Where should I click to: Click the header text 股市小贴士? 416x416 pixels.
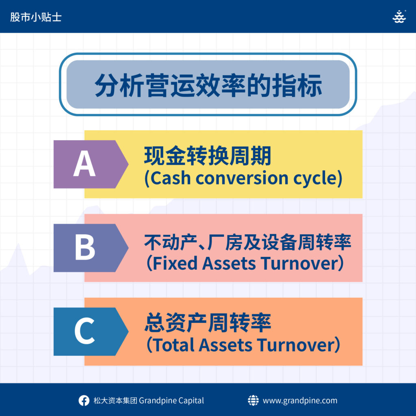pyautogui.click(x=36, y=17)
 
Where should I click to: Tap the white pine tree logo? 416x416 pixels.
pyautogui.click(x=399, y=17)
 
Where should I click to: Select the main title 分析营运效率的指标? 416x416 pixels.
pyautogui.click(x=208, y=85)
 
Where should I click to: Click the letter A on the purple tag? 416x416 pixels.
pyautogui.click(x=84, y=163)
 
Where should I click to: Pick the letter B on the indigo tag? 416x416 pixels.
pyautogui.click(x=85, y=247)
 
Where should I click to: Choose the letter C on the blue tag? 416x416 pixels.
pyautogui.click(x=84, y=331)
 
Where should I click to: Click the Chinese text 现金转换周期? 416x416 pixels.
pyautogui.click(x=208, y=156)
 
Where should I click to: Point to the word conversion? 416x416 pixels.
pyautogui.click(x=242, y=178)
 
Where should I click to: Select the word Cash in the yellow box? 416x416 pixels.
pyautogui.click(x=171, y=178)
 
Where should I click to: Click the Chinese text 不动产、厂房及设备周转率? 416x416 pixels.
pyautogui.click(x=248, y=242)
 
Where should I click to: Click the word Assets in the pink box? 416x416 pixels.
pyautogui.click(x=229, y=263)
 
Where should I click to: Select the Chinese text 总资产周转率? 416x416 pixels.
pyautogui.click(x=208, y=323)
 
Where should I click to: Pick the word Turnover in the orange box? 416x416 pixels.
pyautogui.click(x=296, y=345)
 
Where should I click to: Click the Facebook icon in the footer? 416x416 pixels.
pyautogui.click(x=84, y=401)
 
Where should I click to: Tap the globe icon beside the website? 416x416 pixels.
pyautogui.click(x=253, y=400)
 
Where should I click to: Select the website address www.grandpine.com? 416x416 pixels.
pyautogui.click(x=300, y=401)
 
